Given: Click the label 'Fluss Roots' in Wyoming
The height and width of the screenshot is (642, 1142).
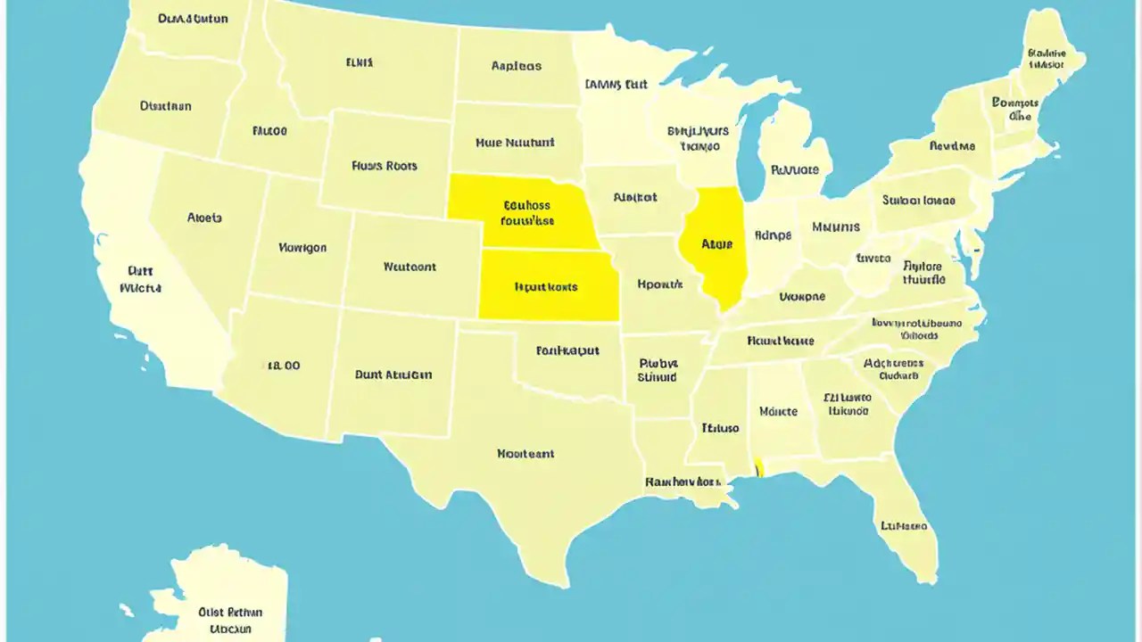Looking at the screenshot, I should [x=385, y=166].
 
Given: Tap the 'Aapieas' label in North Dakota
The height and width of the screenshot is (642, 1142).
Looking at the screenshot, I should [x=516, y=66].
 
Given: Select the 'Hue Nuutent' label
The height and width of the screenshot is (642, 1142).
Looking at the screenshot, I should [x=515, y=142].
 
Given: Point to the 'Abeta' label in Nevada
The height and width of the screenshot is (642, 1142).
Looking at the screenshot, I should [x=205, y=218].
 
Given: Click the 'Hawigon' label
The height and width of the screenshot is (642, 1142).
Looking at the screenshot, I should [x=302, y=248].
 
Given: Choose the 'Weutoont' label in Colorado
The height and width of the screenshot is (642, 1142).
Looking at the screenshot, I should [x=410, y=267].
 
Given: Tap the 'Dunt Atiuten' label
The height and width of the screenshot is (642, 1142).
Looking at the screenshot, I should [x=393, y=374].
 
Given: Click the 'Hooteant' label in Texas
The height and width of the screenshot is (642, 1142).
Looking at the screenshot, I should [x=525, y=454].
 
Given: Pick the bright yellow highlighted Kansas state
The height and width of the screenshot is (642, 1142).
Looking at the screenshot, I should [x=546, y=285].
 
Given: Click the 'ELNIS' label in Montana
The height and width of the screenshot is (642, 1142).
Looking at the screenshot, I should [x=360, y=63].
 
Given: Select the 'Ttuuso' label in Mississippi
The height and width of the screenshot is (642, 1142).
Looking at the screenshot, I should [x=720, y=428].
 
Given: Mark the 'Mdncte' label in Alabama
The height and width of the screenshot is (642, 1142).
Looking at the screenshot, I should [x=777, y=411].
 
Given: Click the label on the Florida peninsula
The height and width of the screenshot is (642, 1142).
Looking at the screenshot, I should [x=904, y=526].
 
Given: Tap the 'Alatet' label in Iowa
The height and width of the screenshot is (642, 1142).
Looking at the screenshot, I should [x=634, y=198].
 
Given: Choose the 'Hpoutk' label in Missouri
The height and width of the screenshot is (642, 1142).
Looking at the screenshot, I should [x=660, y=284].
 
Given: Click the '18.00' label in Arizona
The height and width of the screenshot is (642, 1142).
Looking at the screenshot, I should [x=284, y=366].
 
